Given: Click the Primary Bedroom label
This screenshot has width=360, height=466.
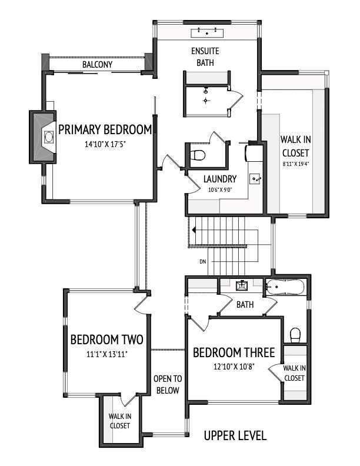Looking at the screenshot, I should tap(105, 129).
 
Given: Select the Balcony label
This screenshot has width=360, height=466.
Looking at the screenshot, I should tap(98, 64).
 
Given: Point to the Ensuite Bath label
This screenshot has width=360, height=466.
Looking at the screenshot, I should tap(205, 56).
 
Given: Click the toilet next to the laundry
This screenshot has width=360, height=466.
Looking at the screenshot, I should tap(198, 155).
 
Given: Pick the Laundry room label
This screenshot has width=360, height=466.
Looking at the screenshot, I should tap(219, 179).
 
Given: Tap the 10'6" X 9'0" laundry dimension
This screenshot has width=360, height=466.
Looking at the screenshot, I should tap(220, 189).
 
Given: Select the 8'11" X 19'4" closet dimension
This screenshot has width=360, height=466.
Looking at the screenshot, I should tap(296, 165).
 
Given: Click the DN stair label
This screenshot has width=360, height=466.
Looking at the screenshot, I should tap(203, 261).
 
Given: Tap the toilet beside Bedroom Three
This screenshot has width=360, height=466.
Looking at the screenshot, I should tap(296, 335).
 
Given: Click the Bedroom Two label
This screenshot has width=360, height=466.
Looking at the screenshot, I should tap(106, 339).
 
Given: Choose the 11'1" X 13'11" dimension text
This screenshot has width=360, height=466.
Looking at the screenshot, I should tap(106, 354).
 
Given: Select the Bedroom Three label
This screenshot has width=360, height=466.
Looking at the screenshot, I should tap(234, 353).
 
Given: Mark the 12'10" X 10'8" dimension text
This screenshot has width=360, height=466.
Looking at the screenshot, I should tap(234, 367).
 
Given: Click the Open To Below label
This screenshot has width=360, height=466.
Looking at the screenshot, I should tap(168, 384).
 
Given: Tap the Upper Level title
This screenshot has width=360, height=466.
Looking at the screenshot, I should tap(235, 436).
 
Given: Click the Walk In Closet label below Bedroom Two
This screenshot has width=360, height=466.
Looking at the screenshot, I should tap(120, 421).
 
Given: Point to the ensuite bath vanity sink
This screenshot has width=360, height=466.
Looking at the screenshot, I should tap(206, 33).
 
